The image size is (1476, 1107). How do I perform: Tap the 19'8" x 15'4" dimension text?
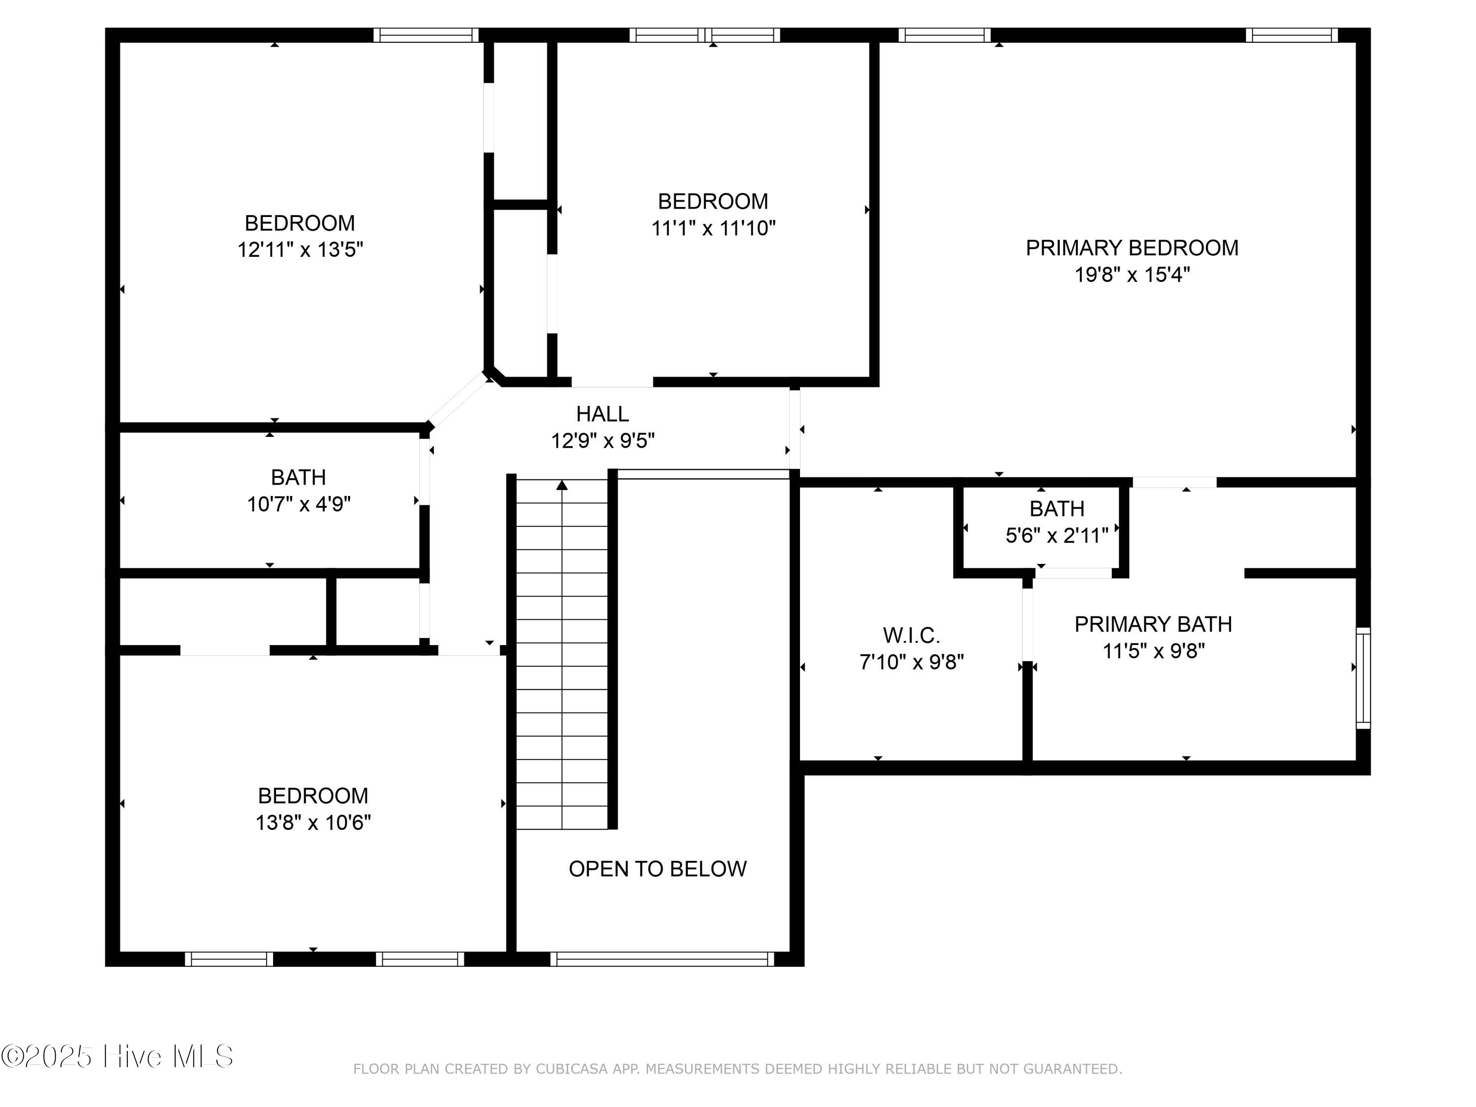pos(1132,274)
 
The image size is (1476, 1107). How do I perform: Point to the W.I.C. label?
pos(912,635)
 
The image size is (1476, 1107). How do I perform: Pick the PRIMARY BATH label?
pos(1153,624)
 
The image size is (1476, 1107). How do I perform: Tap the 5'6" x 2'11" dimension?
pos(1057,535)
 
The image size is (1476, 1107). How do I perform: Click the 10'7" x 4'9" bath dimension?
pos(299,504)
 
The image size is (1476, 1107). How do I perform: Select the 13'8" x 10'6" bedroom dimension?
pos(313,822)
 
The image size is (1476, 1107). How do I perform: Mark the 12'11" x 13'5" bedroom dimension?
pos(300,249)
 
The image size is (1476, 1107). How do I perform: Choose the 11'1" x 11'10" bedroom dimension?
pos(713,228)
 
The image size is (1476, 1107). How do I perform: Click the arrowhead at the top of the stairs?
pos(562,485)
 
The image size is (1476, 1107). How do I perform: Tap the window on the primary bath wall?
pos(1363,677)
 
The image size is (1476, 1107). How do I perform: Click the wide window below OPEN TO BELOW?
pos(662,959)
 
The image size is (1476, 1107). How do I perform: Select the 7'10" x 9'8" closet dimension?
pos(912,662)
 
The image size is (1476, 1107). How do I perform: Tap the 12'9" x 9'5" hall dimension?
pos(603,440)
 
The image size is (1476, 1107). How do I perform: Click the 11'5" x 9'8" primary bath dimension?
pos(1153,650)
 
